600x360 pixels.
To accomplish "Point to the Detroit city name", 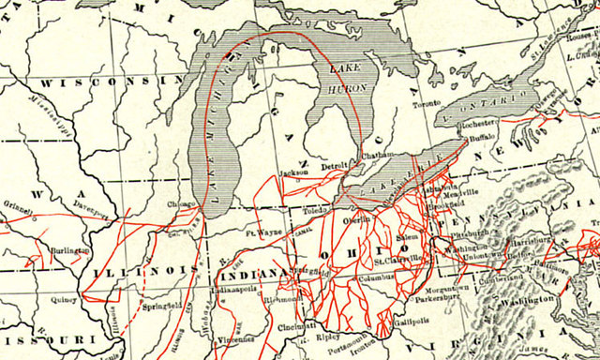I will coord(335,167).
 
